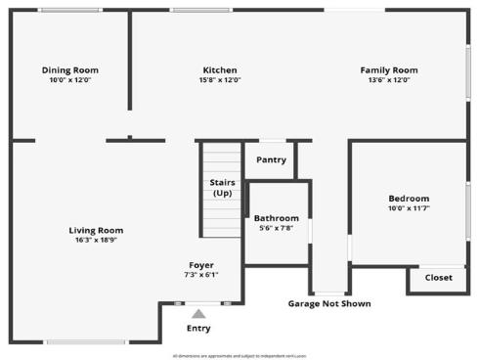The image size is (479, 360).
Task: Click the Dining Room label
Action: (70, 69)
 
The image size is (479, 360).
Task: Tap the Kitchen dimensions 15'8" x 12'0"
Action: (220, 80)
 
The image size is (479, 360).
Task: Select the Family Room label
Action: (389, 69)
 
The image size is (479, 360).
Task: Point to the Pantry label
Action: (271, 159)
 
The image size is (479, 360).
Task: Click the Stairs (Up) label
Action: (222, 188)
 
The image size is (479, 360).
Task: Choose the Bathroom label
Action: (277, 218)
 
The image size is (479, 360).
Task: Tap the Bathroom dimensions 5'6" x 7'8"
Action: (277, 229)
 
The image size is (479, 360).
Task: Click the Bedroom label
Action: (409, 199)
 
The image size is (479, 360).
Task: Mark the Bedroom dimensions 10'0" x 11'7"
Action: (409, 208)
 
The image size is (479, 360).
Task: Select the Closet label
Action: (438, 278)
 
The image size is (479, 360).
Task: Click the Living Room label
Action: (96, 230)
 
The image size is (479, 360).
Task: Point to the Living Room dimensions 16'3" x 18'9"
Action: (96, 241)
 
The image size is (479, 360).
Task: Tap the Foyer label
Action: (201, 265)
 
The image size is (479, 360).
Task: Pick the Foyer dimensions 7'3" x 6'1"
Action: (201, 275)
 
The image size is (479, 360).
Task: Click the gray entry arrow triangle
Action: (198, 314)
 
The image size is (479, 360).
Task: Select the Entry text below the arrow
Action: (198, 329)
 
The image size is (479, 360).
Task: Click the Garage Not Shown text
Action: (329, 303)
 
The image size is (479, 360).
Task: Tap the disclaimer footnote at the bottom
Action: (239, 355)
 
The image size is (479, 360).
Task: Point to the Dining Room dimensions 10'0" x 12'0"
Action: (70, 80)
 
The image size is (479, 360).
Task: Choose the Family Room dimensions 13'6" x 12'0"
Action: (389, 80)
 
